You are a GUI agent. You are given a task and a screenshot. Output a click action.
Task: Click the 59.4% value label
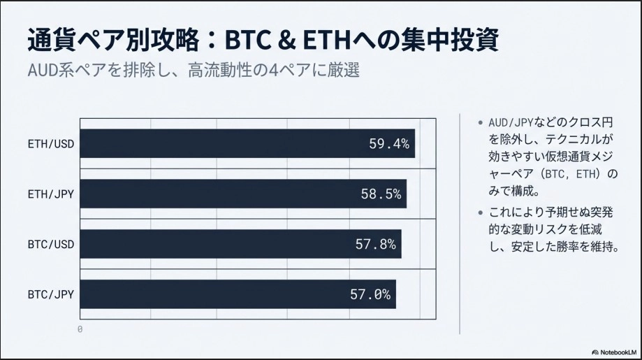(388, 144)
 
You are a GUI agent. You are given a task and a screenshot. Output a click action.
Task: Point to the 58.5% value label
(381, 194)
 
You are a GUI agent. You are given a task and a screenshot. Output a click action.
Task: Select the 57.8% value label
(375, 245)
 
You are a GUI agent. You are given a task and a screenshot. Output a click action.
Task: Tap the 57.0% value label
(370, 295)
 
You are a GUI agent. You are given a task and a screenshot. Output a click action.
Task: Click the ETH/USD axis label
(51, 144)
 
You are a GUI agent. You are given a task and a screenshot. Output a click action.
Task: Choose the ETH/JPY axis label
(51, 194)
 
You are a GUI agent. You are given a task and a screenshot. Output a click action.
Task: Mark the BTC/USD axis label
(51, 245)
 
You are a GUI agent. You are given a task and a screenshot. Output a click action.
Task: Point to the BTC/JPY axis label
(51, 295)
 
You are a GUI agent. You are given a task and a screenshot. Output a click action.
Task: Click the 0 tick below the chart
(80, 329)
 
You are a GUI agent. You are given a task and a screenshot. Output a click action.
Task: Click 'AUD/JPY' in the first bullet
(511, 122)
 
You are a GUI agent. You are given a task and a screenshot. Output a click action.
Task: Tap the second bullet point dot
(480, 213)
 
